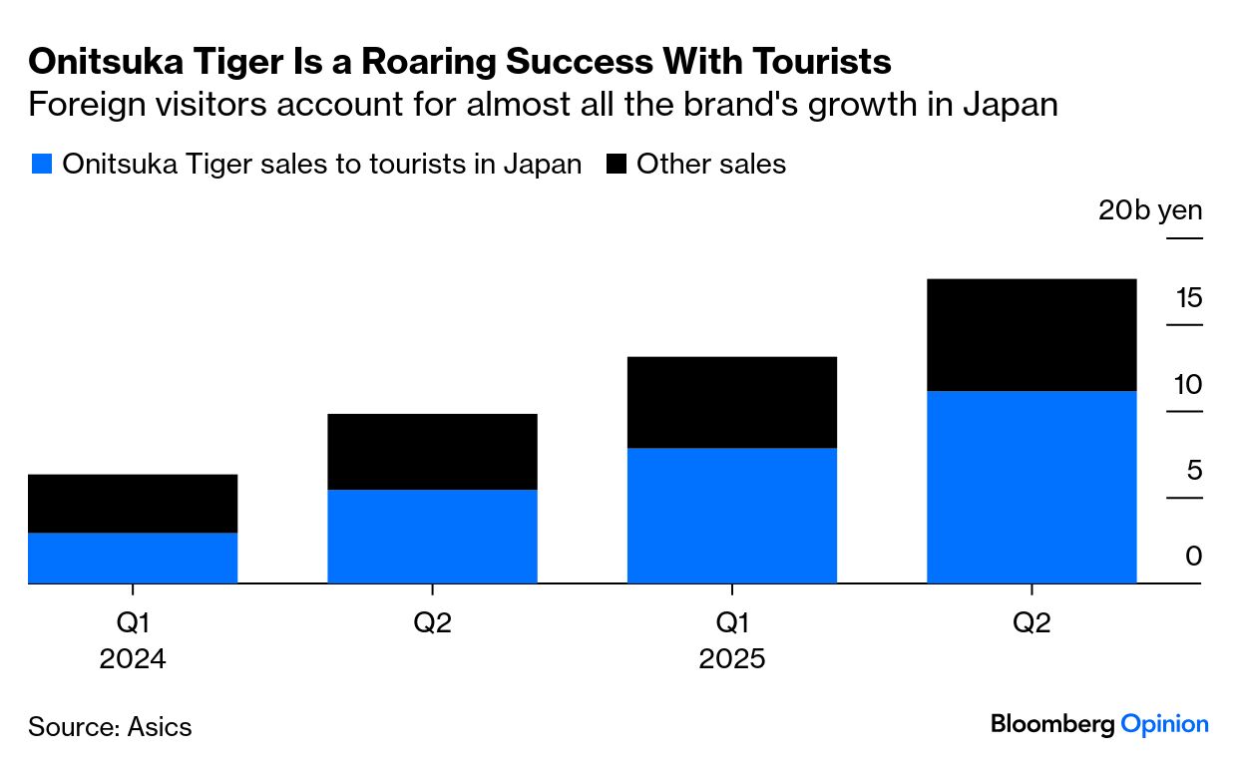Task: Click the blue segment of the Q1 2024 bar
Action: tap(133, 558)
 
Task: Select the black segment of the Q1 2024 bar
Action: tap(133, 504)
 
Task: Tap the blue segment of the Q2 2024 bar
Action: tap(432, 536)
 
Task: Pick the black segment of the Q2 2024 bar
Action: tap(432, 452)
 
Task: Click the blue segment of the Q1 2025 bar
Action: tap(731, 515)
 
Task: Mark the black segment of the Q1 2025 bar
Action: tap(731, 402)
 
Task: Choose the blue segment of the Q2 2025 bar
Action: tap(1031, 487)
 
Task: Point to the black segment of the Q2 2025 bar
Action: tap(1031, 335)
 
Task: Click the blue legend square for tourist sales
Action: tap(41, 165)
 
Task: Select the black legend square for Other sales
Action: tap(617, 165)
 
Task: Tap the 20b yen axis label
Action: tap(1150, 211)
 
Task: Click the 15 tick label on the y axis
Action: tap(1188, 298)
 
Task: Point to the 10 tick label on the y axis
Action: tap(1188, 384)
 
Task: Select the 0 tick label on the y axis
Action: tap(1194, 557)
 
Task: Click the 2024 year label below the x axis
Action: tap(133, 659)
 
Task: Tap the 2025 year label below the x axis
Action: tap(731, 659)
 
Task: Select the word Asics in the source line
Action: tap(160, 726)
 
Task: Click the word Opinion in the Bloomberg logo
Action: tap(1164, 725)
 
